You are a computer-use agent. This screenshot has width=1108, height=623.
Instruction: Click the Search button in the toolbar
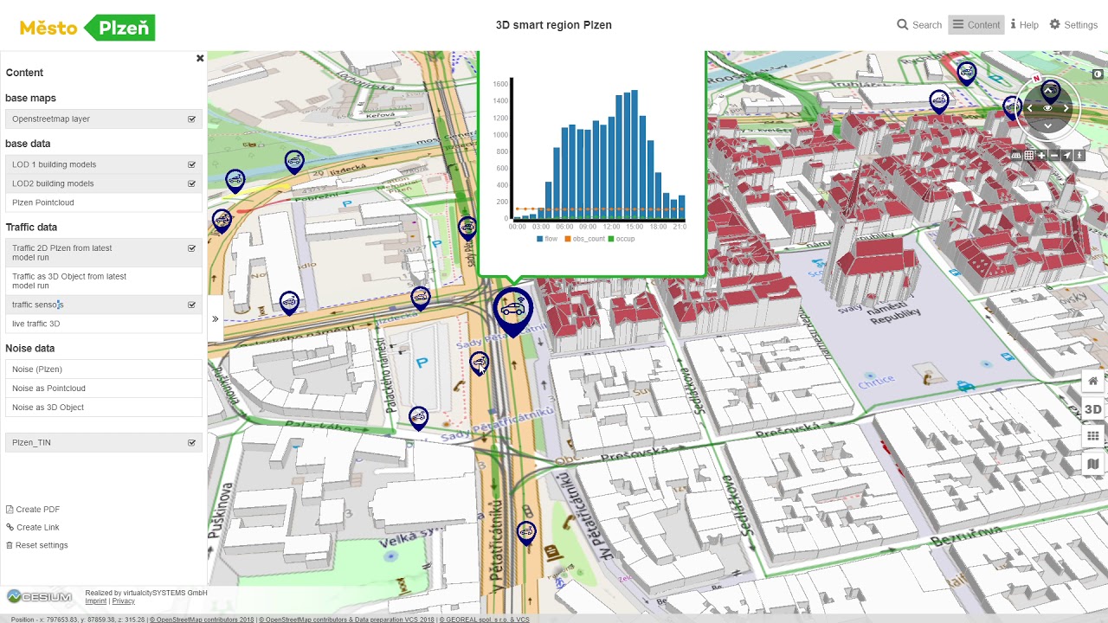[919, 25]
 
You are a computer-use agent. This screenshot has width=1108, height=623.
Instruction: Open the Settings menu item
[1073, 25]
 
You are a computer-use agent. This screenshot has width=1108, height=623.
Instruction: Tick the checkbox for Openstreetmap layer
[191, 119]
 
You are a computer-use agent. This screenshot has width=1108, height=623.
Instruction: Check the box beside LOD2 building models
[191, 183]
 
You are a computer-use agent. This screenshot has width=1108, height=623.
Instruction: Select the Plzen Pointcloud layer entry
[43, 202]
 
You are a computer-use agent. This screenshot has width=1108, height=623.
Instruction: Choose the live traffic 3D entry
[36, 324]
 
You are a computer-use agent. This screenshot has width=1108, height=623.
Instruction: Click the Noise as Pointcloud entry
[48, 389]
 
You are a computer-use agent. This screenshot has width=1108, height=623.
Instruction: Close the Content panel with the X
[200, 59]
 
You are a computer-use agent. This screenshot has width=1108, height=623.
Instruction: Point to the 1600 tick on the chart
[500, 84]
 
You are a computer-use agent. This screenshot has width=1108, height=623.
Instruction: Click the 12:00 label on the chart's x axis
[611, 227]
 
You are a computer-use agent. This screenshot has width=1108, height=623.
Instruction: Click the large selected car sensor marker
[512, 310]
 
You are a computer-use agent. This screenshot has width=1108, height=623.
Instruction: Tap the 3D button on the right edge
[1092, 409]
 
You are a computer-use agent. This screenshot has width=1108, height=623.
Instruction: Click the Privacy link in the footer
[124, 601]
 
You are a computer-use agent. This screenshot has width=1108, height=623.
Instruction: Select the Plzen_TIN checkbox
[191, 443]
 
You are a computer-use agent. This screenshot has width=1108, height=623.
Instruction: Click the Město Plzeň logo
[87, 28]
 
